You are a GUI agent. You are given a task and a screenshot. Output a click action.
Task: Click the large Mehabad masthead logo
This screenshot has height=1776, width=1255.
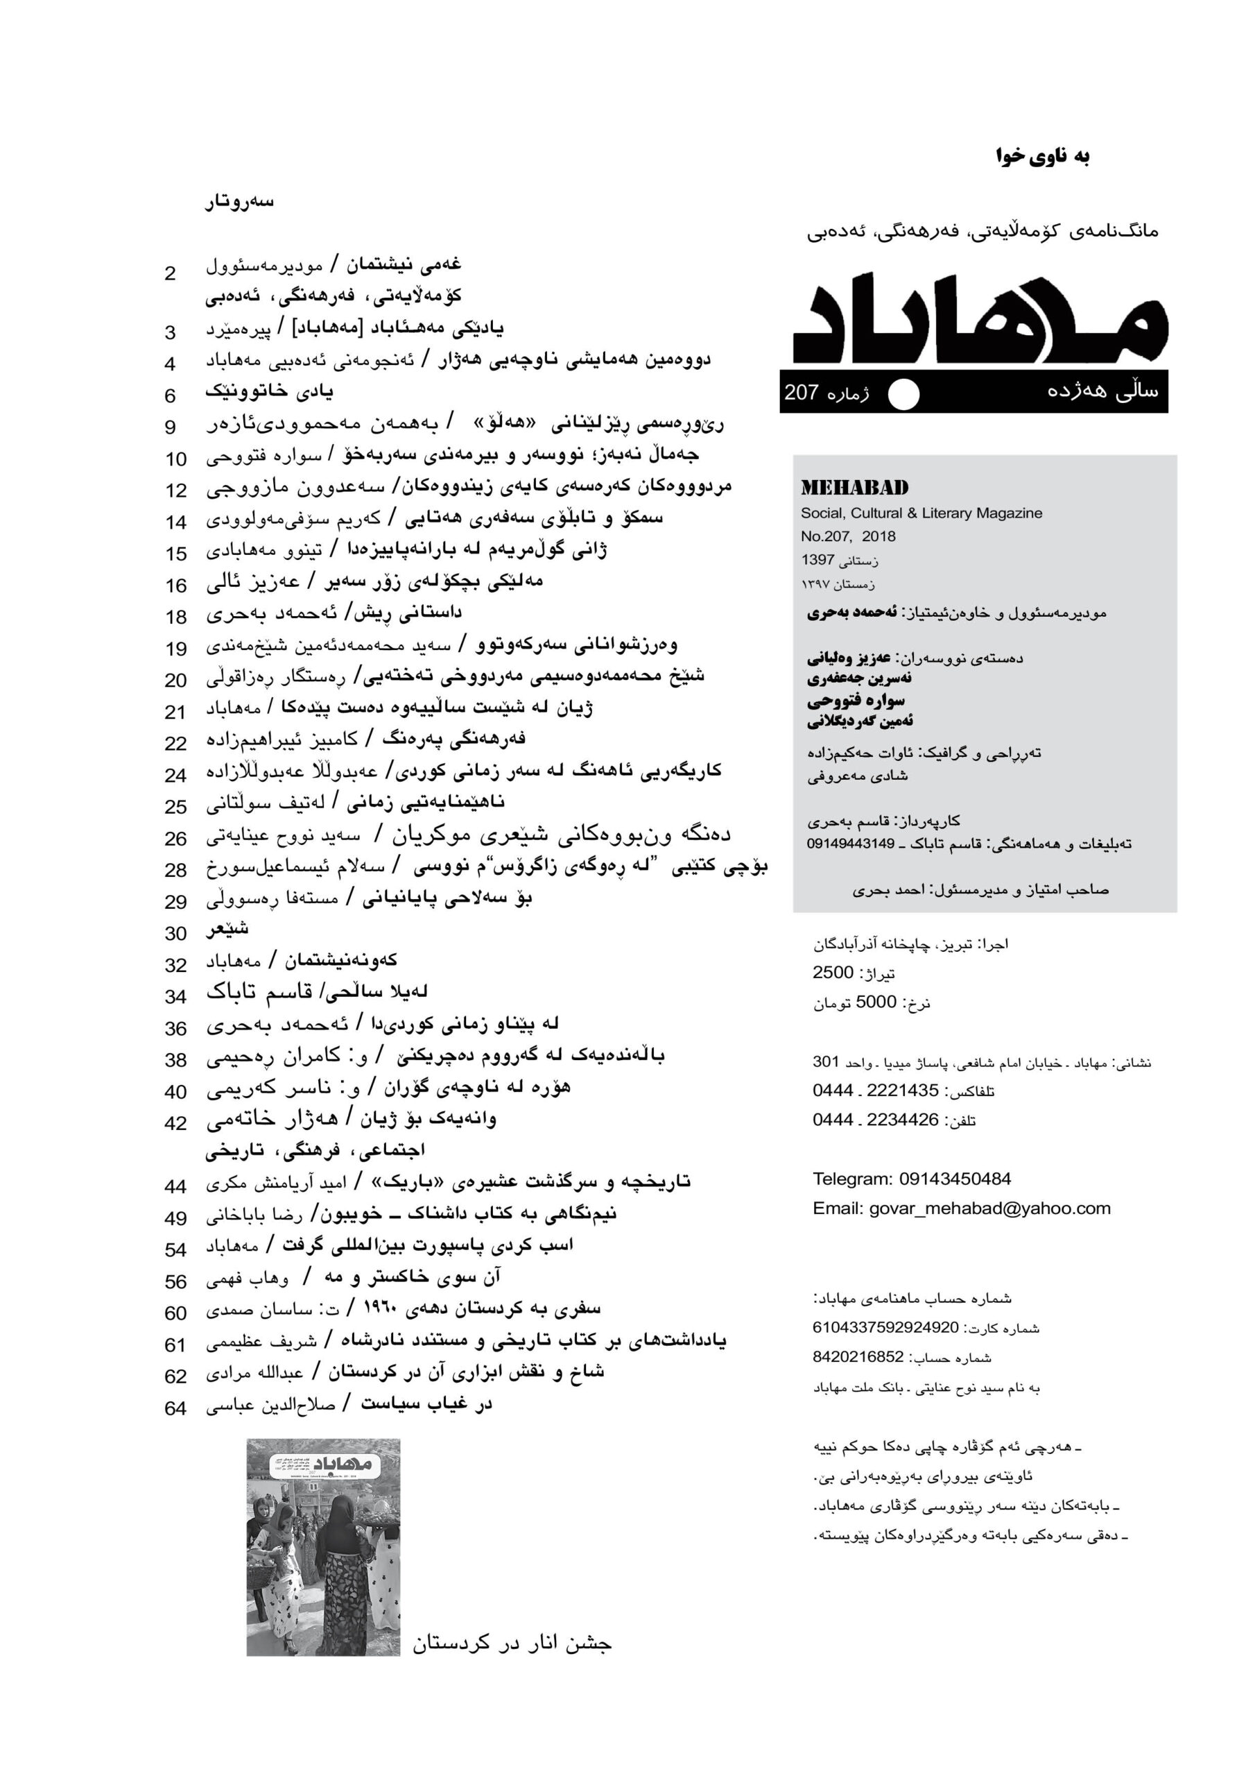[980, 321]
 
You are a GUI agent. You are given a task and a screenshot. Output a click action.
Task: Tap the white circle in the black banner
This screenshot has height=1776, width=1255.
[903, 394]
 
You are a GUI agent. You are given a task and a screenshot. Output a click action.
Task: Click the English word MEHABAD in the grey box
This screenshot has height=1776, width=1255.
[854, 488]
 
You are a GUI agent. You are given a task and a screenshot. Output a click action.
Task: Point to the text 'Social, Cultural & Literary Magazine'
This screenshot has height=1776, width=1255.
[921, 513]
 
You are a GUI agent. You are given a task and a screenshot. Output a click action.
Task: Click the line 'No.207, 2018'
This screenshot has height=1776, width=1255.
[847, 536]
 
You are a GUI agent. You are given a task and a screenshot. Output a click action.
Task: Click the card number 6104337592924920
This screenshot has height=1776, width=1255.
[885, 1327]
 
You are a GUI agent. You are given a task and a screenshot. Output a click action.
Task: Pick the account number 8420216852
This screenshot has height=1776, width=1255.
[858, 1357]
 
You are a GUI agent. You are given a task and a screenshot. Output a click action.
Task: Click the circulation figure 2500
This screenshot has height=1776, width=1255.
[833, 973]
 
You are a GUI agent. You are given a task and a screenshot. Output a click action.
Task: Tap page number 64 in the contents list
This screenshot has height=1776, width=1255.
[175, 1408]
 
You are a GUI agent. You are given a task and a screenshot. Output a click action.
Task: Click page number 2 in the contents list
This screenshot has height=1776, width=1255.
[170, 274]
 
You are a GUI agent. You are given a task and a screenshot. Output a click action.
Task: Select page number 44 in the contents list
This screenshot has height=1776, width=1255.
[175, 1186]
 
